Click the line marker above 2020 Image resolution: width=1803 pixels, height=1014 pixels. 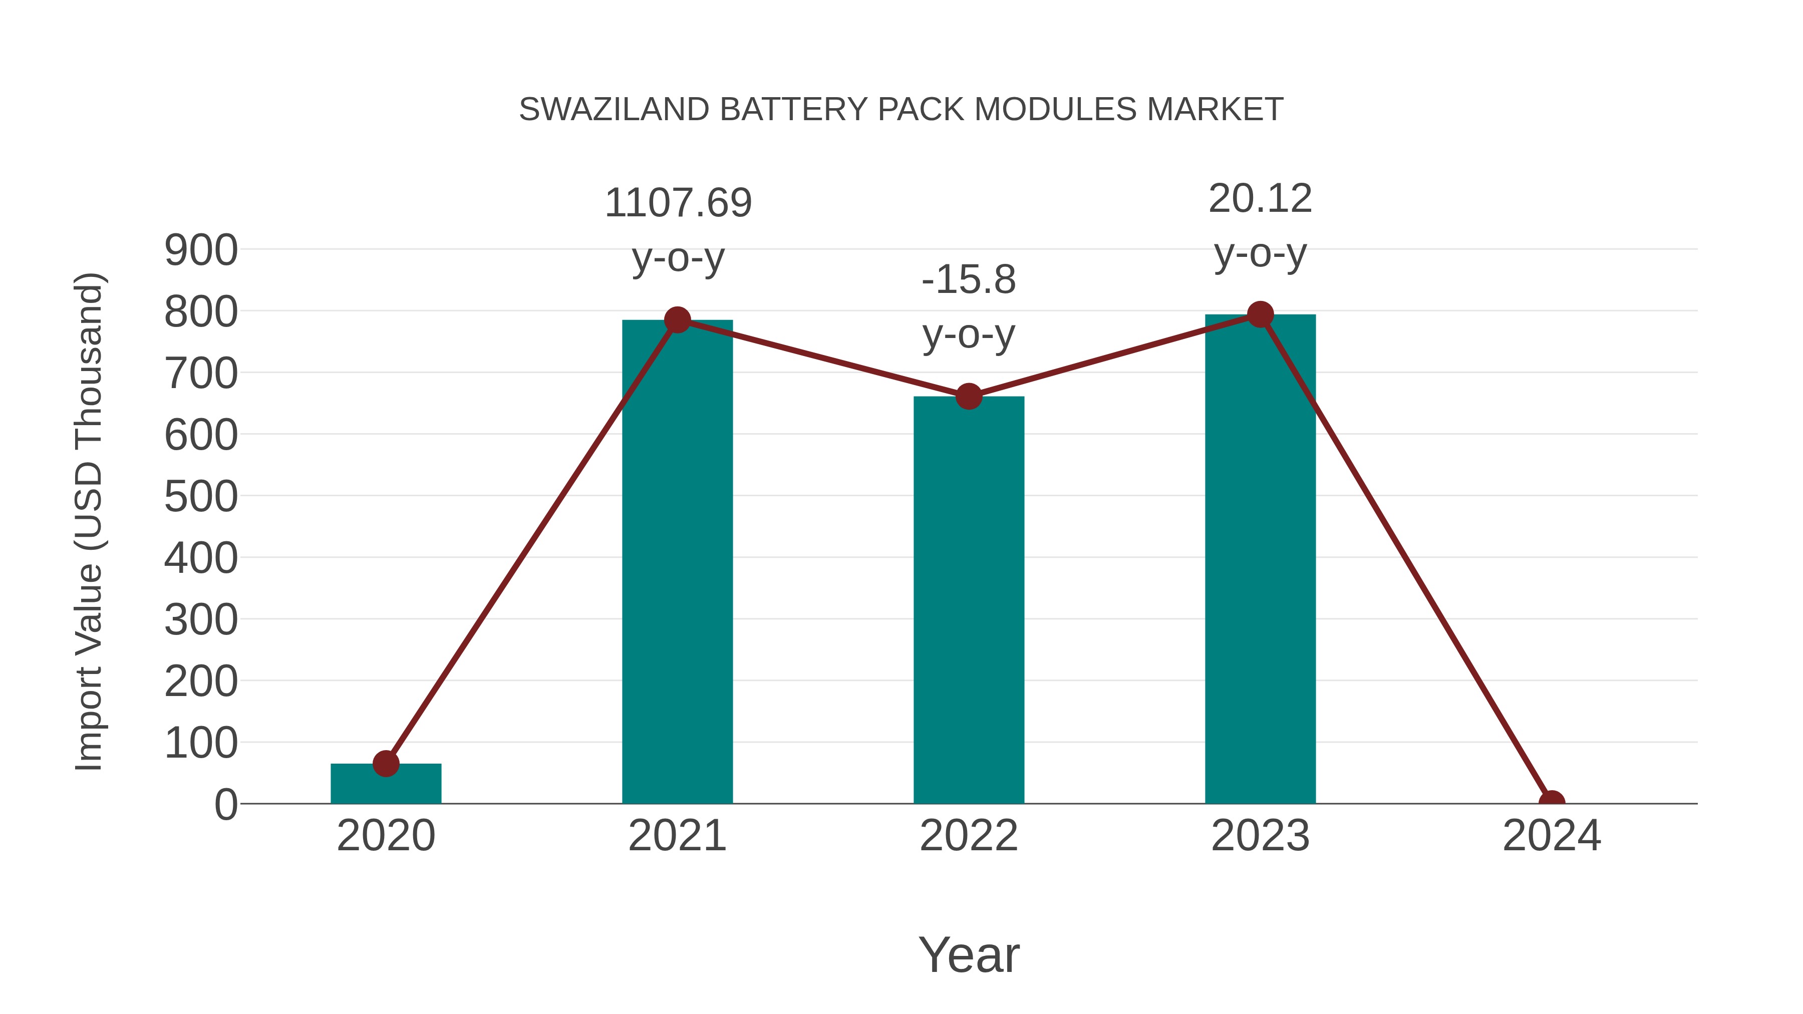pos(386,764)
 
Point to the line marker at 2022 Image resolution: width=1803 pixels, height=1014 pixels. pos(968,396)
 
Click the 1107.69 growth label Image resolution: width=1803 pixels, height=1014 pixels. pos(678,204)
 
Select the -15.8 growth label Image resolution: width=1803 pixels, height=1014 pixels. pos(968,280)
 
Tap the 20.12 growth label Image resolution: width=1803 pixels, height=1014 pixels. pos(1260,199)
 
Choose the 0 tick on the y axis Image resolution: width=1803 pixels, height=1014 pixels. pos(225,805)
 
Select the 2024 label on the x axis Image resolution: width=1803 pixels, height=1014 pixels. pos(1551,836)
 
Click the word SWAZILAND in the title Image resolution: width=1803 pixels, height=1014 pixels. pos(614,110)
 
